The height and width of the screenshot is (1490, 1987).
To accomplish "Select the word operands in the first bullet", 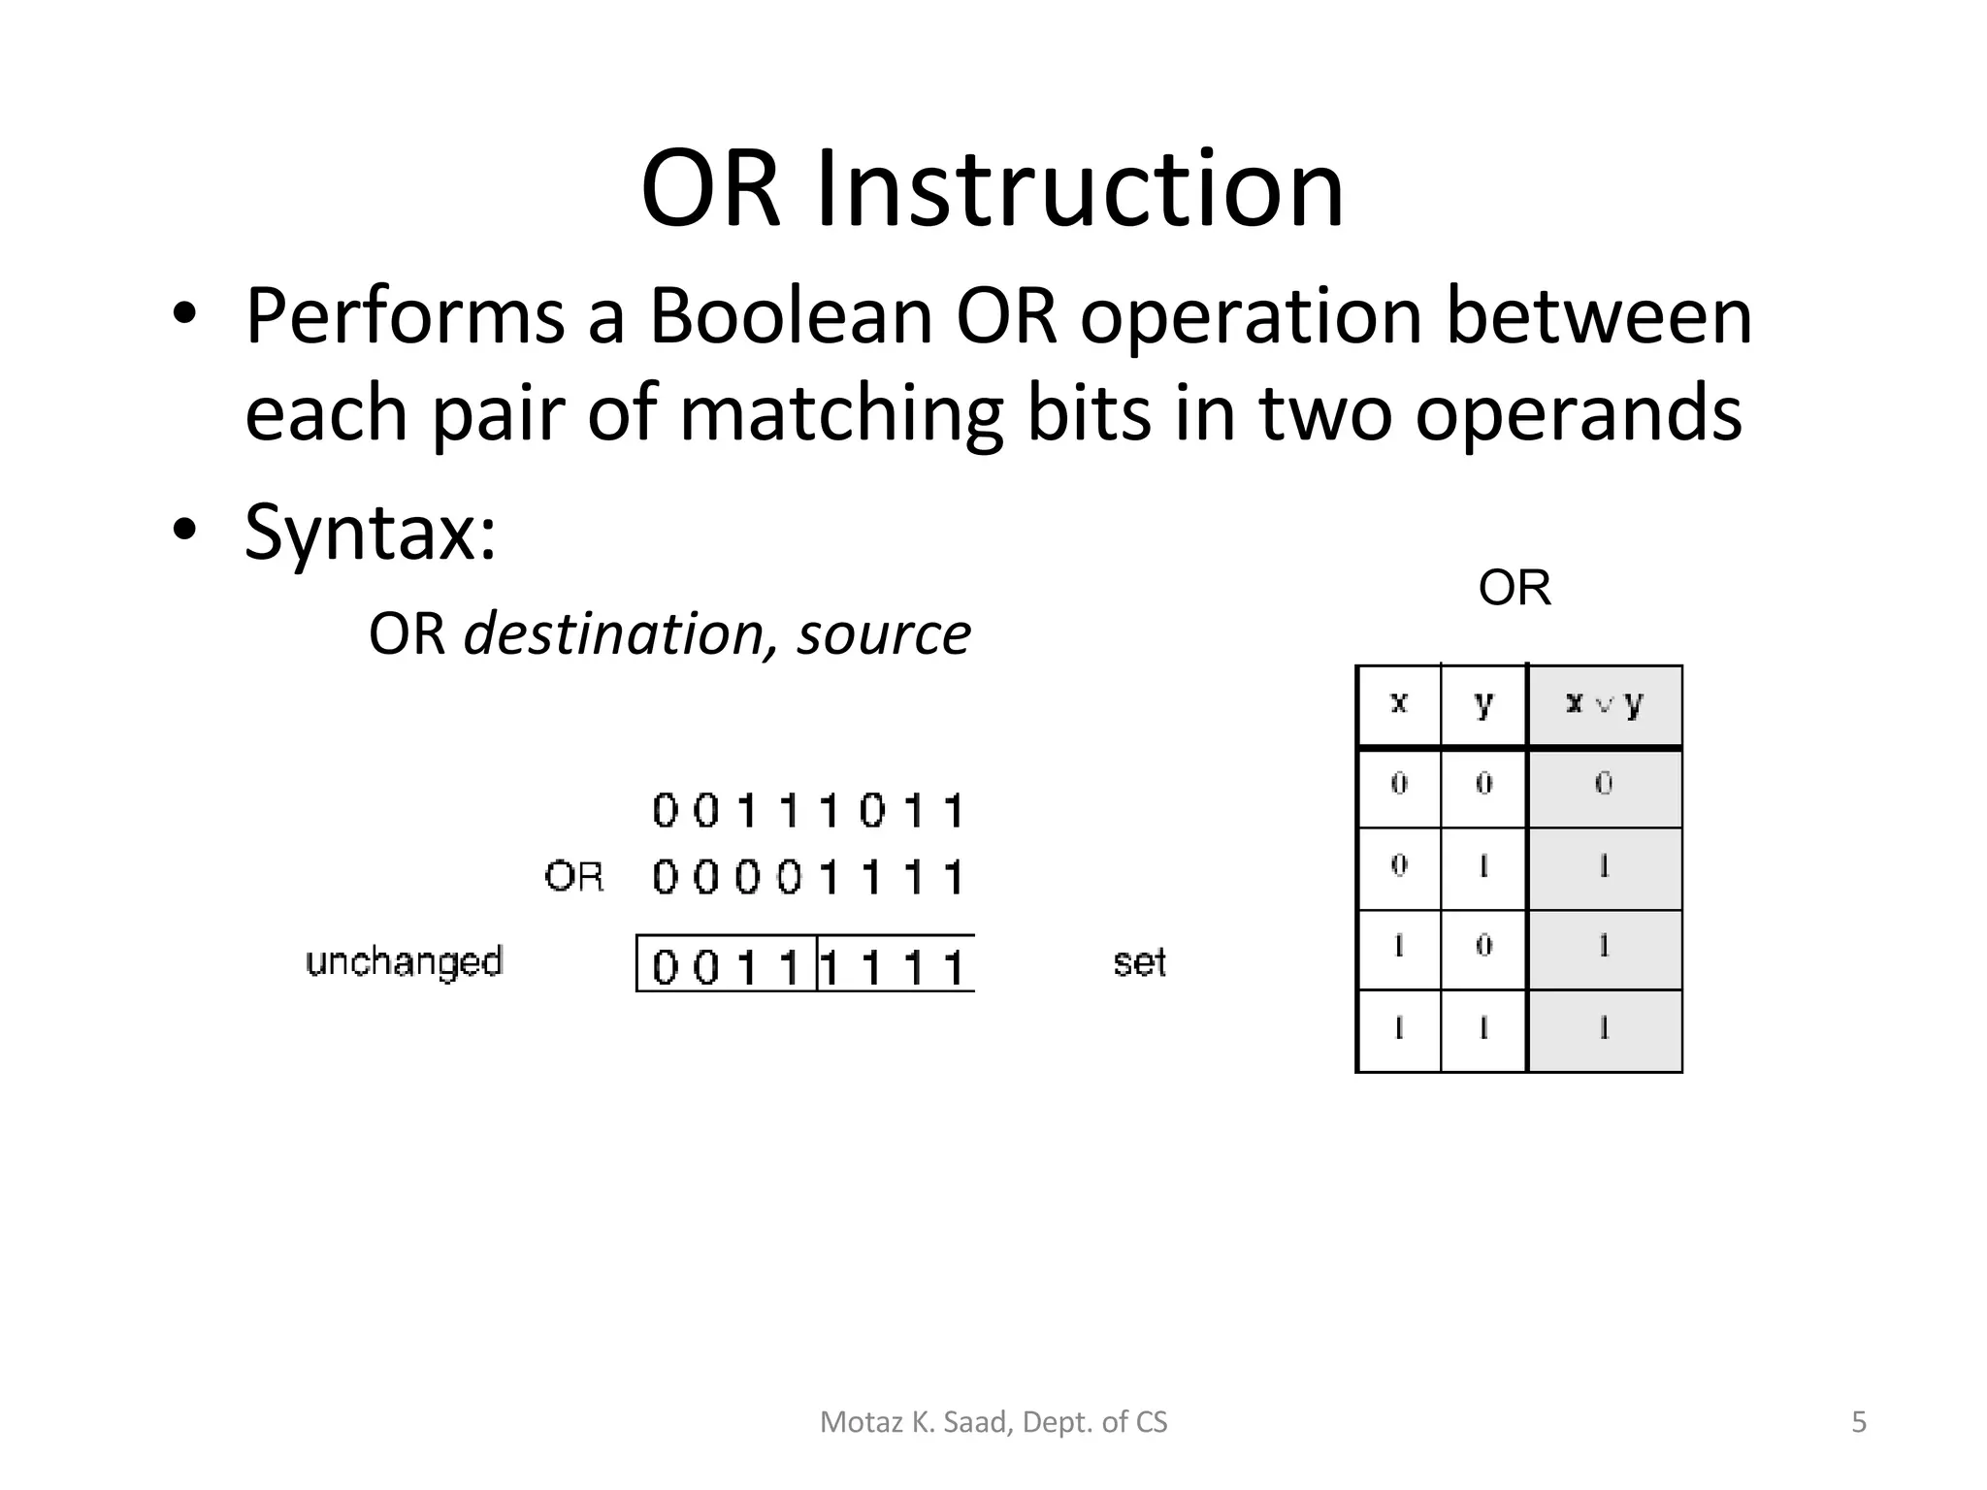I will coord(1578,414).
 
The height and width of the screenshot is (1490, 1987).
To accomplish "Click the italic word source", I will coord(884,634).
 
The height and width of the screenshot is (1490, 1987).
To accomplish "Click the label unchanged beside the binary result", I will coord(404,962).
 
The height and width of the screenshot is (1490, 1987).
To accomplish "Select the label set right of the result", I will coord(1139,962).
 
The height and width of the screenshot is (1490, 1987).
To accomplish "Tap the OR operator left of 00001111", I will coord(573,877).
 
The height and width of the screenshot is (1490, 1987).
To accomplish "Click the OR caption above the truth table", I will coord(1515,588).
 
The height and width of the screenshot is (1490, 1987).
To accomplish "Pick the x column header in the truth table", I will coord(1398,703).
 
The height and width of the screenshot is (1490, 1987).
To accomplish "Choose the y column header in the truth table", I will coord(1483,703).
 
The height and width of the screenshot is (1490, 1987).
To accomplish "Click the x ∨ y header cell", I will coord(1605,703).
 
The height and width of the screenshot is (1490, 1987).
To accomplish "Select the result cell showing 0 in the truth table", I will coord(1605,785).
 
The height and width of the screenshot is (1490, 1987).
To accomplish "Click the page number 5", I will coord(1859,1422).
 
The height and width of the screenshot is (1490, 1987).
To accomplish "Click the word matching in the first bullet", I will coord(840,414).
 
